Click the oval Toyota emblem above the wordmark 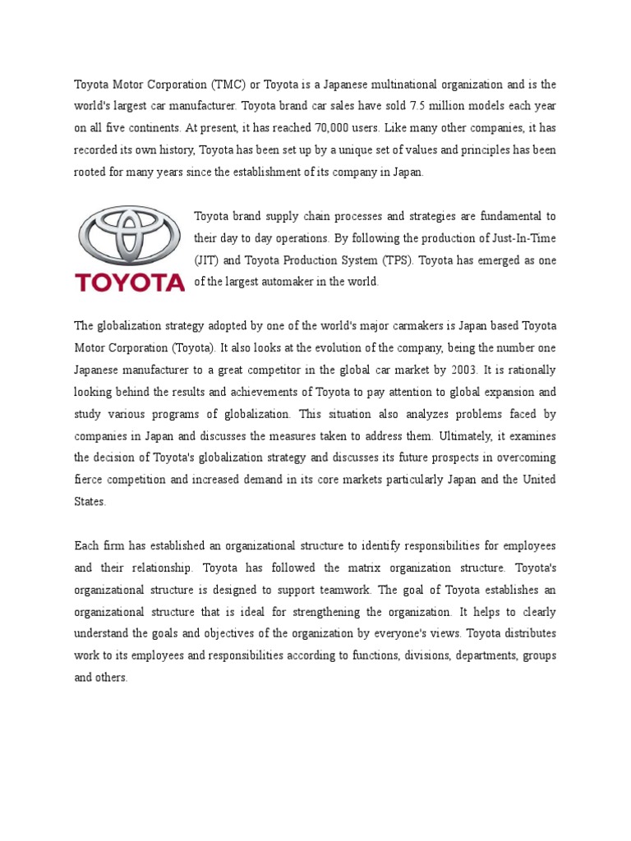click(x=130, y=235)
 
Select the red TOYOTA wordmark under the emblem click(x=130, y=283)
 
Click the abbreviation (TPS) click(x=399, y=260)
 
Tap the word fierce click(x=87, y=479)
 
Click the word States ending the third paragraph click(x=90, y=501)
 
